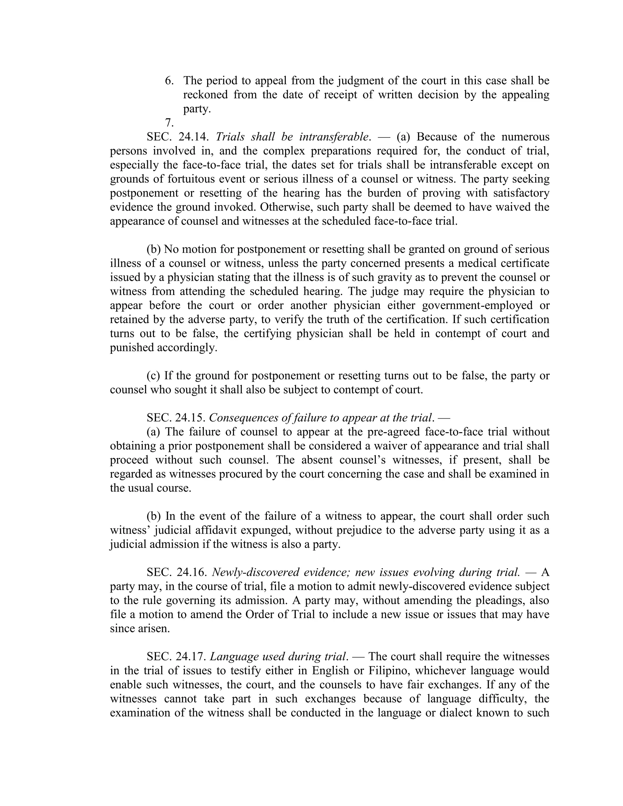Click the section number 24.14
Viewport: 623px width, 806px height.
194,137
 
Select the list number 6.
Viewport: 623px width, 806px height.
169,81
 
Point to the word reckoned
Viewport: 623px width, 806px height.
206,95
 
